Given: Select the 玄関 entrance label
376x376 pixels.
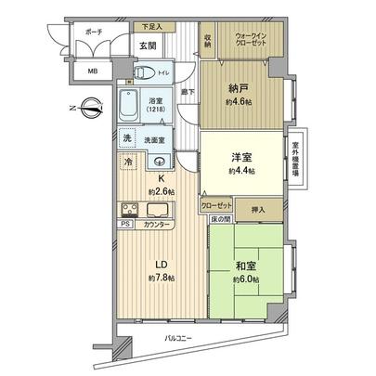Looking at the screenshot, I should click(148, 45).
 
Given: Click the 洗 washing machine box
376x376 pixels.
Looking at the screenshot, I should click(128, 138).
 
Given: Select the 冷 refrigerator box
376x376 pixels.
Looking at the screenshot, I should click(126, 162).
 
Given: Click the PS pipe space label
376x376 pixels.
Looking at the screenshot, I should click(124, 223).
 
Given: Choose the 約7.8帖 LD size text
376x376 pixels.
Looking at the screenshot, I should click(159, 276).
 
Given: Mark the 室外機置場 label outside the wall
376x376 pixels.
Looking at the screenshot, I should click(296, 160).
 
